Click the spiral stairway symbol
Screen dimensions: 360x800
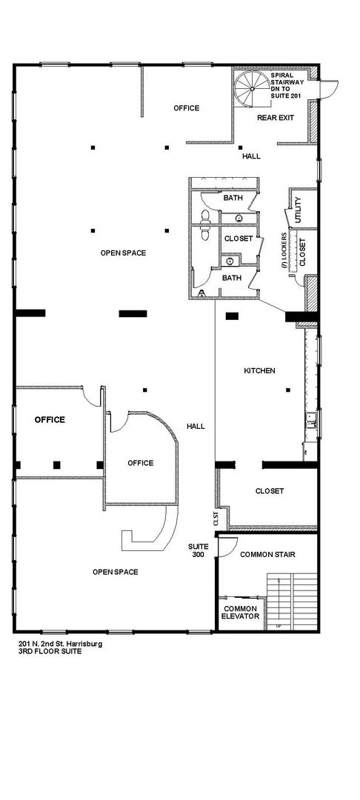(x=251, y=89)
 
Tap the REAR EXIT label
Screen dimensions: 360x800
(x=276, y=117)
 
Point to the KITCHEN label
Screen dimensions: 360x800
(x=259, y=371)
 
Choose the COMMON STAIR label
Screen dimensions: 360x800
(x=267, y=555)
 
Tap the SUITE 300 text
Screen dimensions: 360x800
(x=198, y=550)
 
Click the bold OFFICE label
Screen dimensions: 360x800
(x=50, y=420)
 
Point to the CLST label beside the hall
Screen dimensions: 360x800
(x=216, y=519)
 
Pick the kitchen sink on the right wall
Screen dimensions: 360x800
(x=312, y=419)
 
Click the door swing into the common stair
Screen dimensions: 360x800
(x=227, y=547)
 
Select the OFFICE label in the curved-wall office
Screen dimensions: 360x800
(x=140, y=463)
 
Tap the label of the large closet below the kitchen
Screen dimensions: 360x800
(x=269, y=491)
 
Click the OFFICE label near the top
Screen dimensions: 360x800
(x=186, y=108)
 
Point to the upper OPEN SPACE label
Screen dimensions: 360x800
(x=123, y=253)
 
